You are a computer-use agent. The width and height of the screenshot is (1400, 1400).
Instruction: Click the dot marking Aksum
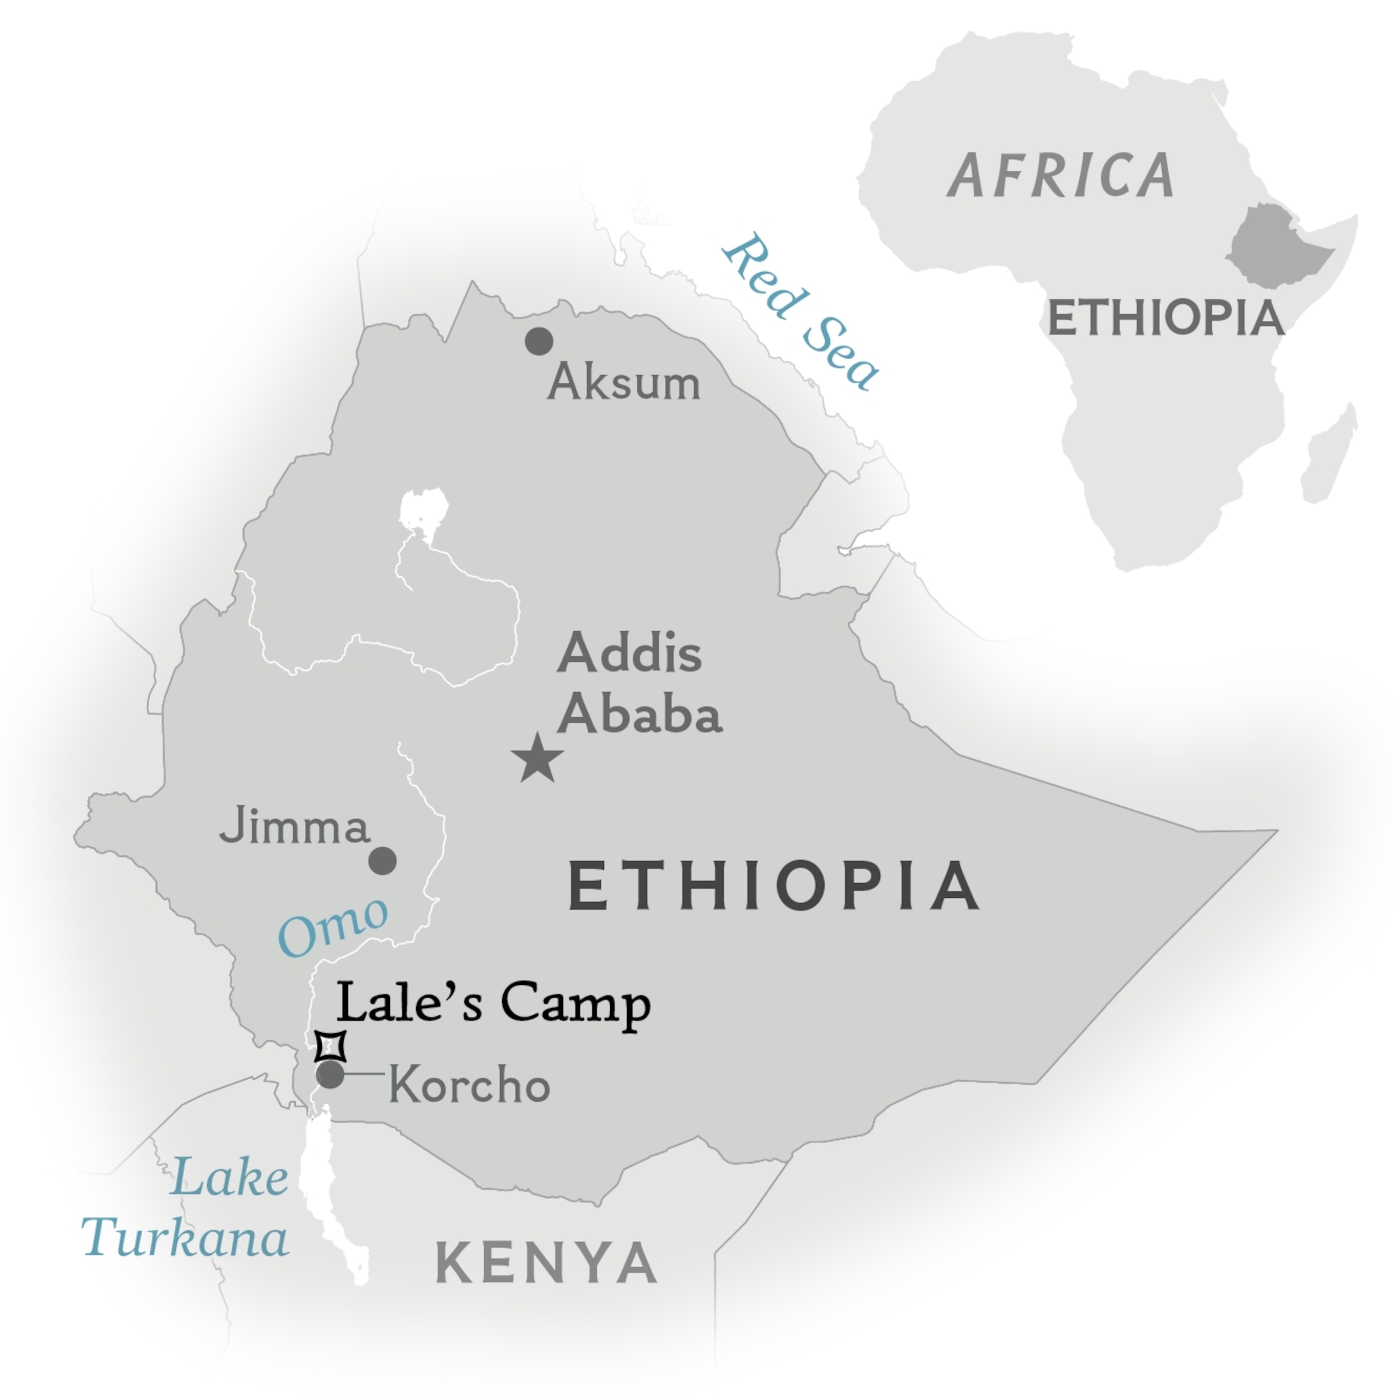tap(538, 340)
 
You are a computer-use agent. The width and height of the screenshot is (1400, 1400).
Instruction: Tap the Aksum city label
tap(624, 383)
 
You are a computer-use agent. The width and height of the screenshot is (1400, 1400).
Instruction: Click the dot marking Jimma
tap(383, 861)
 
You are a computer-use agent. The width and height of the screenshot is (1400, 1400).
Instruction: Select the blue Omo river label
tap(333, 927)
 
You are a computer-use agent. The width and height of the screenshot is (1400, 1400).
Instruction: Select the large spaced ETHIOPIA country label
tap(773, 886)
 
